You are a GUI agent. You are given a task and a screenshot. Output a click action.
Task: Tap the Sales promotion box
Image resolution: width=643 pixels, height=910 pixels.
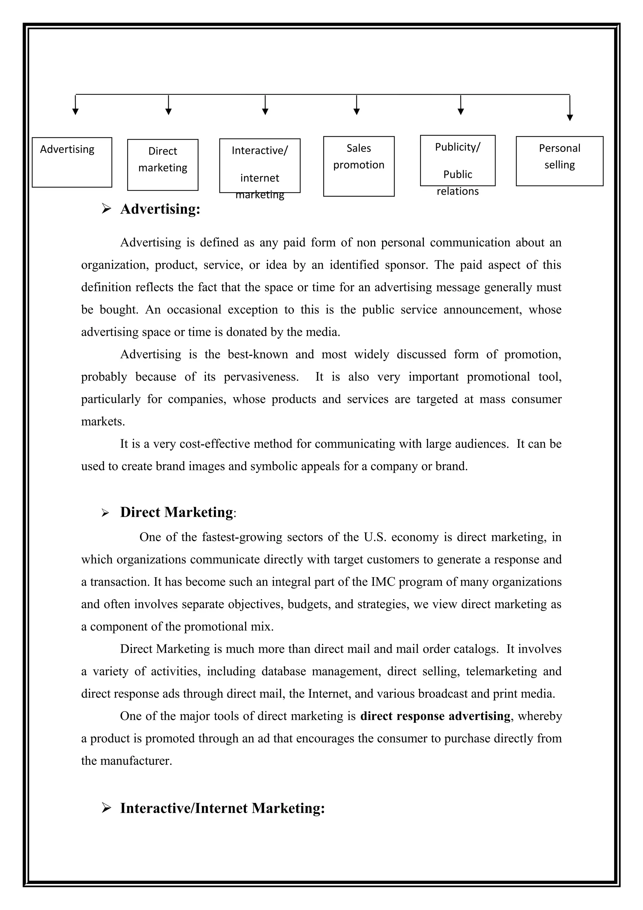359,166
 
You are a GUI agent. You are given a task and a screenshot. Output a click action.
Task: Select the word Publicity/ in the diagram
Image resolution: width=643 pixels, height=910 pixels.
457,147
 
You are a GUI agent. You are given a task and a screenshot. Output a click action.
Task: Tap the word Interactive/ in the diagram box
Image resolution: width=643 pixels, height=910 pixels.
260,151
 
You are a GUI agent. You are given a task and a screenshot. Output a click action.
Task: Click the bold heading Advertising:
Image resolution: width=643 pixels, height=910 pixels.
160,209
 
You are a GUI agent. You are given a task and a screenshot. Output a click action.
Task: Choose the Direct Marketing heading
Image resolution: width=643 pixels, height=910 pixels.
177,512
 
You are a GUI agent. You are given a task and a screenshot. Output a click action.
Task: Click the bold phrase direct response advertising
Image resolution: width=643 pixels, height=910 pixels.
435,716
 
